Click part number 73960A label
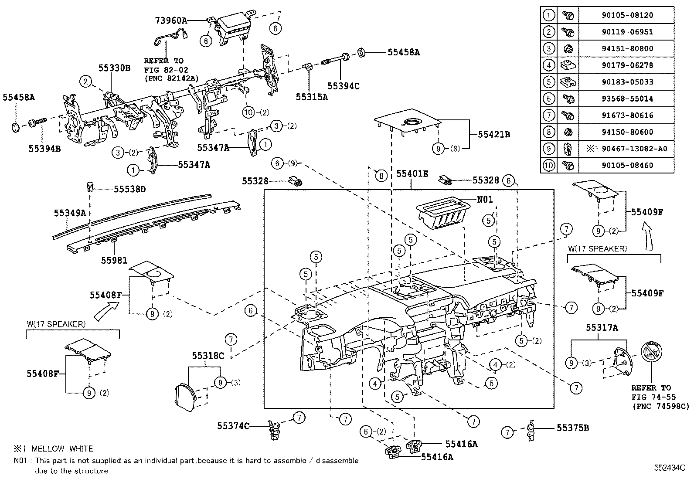pos(171,20)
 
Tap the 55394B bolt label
pos(44,149)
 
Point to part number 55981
pos(114,260)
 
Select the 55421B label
pos(494,135)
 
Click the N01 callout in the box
pos(485,199)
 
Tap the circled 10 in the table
pos(549,165)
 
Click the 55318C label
pos(208,356)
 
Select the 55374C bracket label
pos(233,426)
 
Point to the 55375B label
pos(573,428)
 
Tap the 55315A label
pos(312,97)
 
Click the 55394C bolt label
pos(344,86)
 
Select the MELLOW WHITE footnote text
pos(62,448)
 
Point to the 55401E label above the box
pos(412,174)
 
